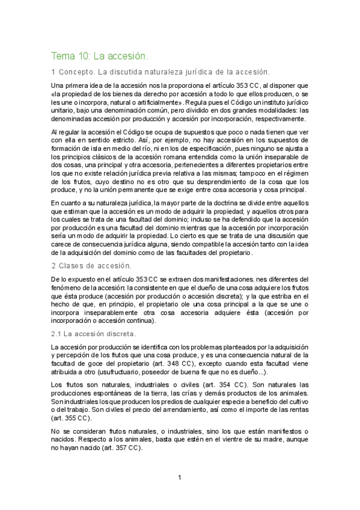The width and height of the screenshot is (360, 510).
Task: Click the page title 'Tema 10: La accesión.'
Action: point(100,56)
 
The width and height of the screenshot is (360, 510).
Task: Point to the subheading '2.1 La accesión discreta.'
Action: point(93,333)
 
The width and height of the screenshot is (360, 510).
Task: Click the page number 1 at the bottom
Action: point(179,479)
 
